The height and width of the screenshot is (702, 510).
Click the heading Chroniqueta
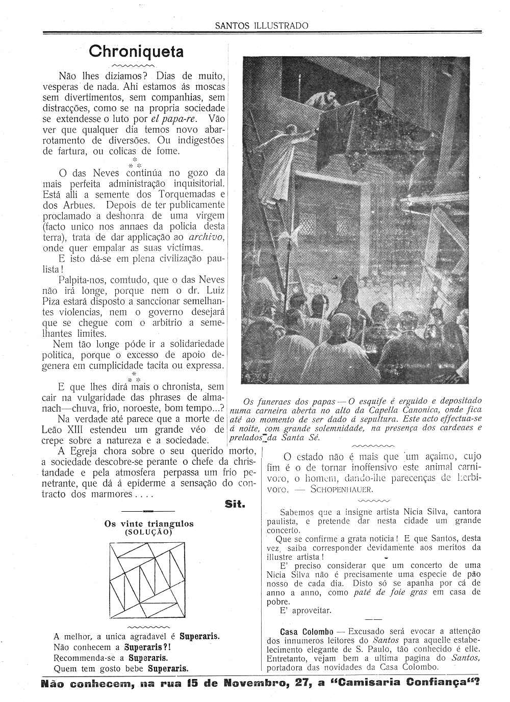coord(136,52)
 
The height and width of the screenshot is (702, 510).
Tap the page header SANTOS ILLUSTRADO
coord(262,26)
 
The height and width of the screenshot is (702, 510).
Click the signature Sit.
coord(235,504)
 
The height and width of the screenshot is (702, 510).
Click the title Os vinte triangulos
coord(149,523)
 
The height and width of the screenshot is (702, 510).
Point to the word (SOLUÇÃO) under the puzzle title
coord(148,532)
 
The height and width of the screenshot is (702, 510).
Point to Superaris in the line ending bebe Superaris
coord(168,668)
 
